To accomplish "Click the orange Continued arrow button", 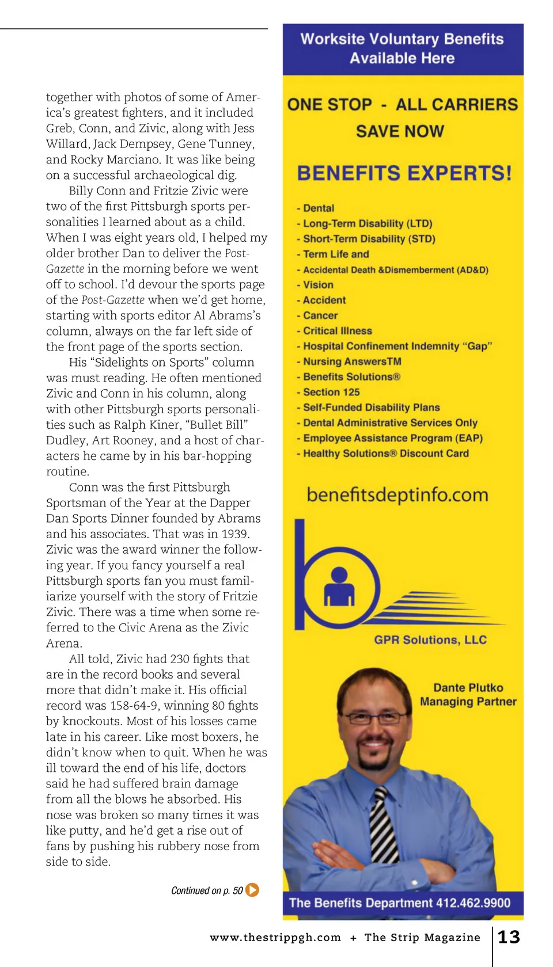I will coord(252,890).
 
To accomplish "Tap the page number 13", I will coord(509,937).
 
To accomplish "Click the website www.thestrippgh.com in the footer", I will coord(275,937).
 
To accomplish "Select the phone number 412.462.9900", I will coord(473,903).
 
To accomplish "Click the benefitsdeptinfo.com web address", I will coord(397,494).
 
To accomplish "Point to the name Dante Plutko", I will coord(468,687).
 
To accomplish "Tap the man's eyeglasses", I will coord(374,718).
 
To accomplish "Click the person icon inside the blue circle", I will coord(339,587).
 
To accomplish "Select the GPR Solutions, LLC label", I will coord(430,639).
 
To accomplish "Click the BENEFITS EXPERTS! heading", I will coord(404,173).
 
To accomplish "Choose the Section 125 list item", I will coord(331,392).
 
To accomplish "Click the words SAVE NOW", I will coord(400,131).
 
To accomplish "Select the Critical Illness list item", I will coord(337,331).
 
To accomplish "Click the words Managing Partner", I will coord(468,702).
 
